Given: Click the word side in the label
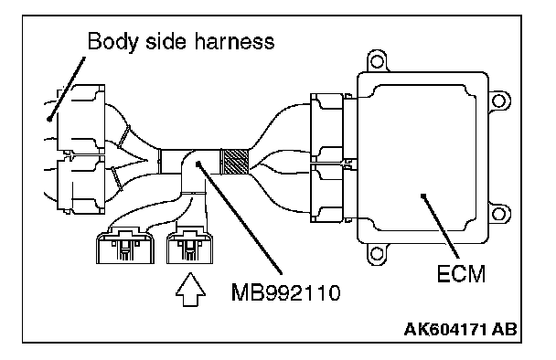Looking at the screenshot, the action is point(166,41).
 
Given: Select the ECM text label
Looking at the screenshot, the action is point(461,274).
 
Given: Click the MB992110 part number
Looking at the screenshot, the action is point(286,292).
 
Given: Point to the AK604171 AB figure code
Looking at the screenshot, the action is point(460,329).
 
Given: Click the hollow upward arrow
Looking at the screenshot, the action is point(190,289).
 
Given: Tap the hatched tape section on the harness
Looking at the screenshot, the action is point(235,162).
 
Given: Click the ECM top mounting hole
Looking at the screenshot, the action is point(377,61).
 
